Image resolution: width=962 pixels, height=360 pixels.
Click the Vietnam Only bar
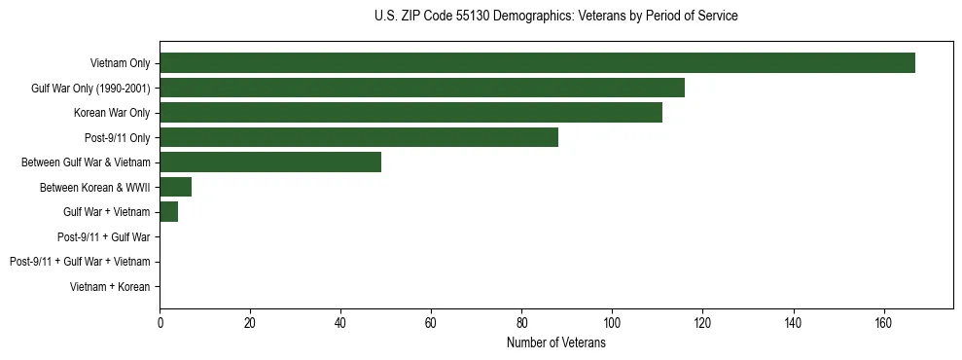click(x=537, y=63)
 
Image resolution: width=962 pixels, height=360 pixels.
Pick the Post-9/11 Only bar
click(x=359, y=137)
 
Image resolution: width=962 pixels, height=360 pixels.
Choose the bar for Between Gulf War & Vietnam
click(x=270, y=162)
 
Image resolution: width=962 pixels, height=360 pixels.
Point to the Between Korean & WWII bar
click(x=176, y=187)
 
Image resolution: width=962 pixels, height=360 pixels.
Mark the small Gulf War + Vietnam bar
click(x=169, y=212)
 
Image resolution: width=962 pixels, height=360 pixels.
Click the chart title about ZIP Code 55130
click(x=555, y=17)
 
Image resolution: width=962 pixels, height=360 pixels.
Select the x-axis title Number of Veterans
click(x=555, y=343)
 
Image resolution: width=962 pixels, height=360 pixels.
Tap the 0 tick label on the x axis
click(x=160, y=323)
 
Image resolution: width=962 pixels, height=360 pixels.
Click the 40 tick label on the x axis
click(x=340, y=323)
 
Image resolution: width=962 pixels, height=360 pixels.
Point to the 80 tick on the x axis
click(x=521, y=323)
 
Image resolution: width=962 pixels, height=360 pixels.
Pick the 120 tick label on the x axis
click(x=702, y=323)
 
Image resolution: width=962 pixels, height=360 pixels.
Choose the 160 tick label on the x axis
click(x=883, y=323)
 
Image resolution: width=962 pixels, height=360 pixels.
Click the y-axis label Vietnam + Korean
click(x=110, y=287)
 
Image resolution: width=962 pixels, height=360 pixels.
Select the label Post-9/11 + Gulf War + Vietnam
click(x=80, y=262)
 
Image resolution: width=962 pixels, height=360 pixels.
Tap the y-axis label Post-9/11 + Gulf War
click(x=103, y=236)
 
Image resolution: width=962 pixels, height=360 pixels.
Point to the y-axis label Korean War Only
click(x=112, y=113)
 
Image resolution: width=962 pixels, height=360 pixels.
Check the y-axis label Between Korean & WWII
click(x=94, y=187)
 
